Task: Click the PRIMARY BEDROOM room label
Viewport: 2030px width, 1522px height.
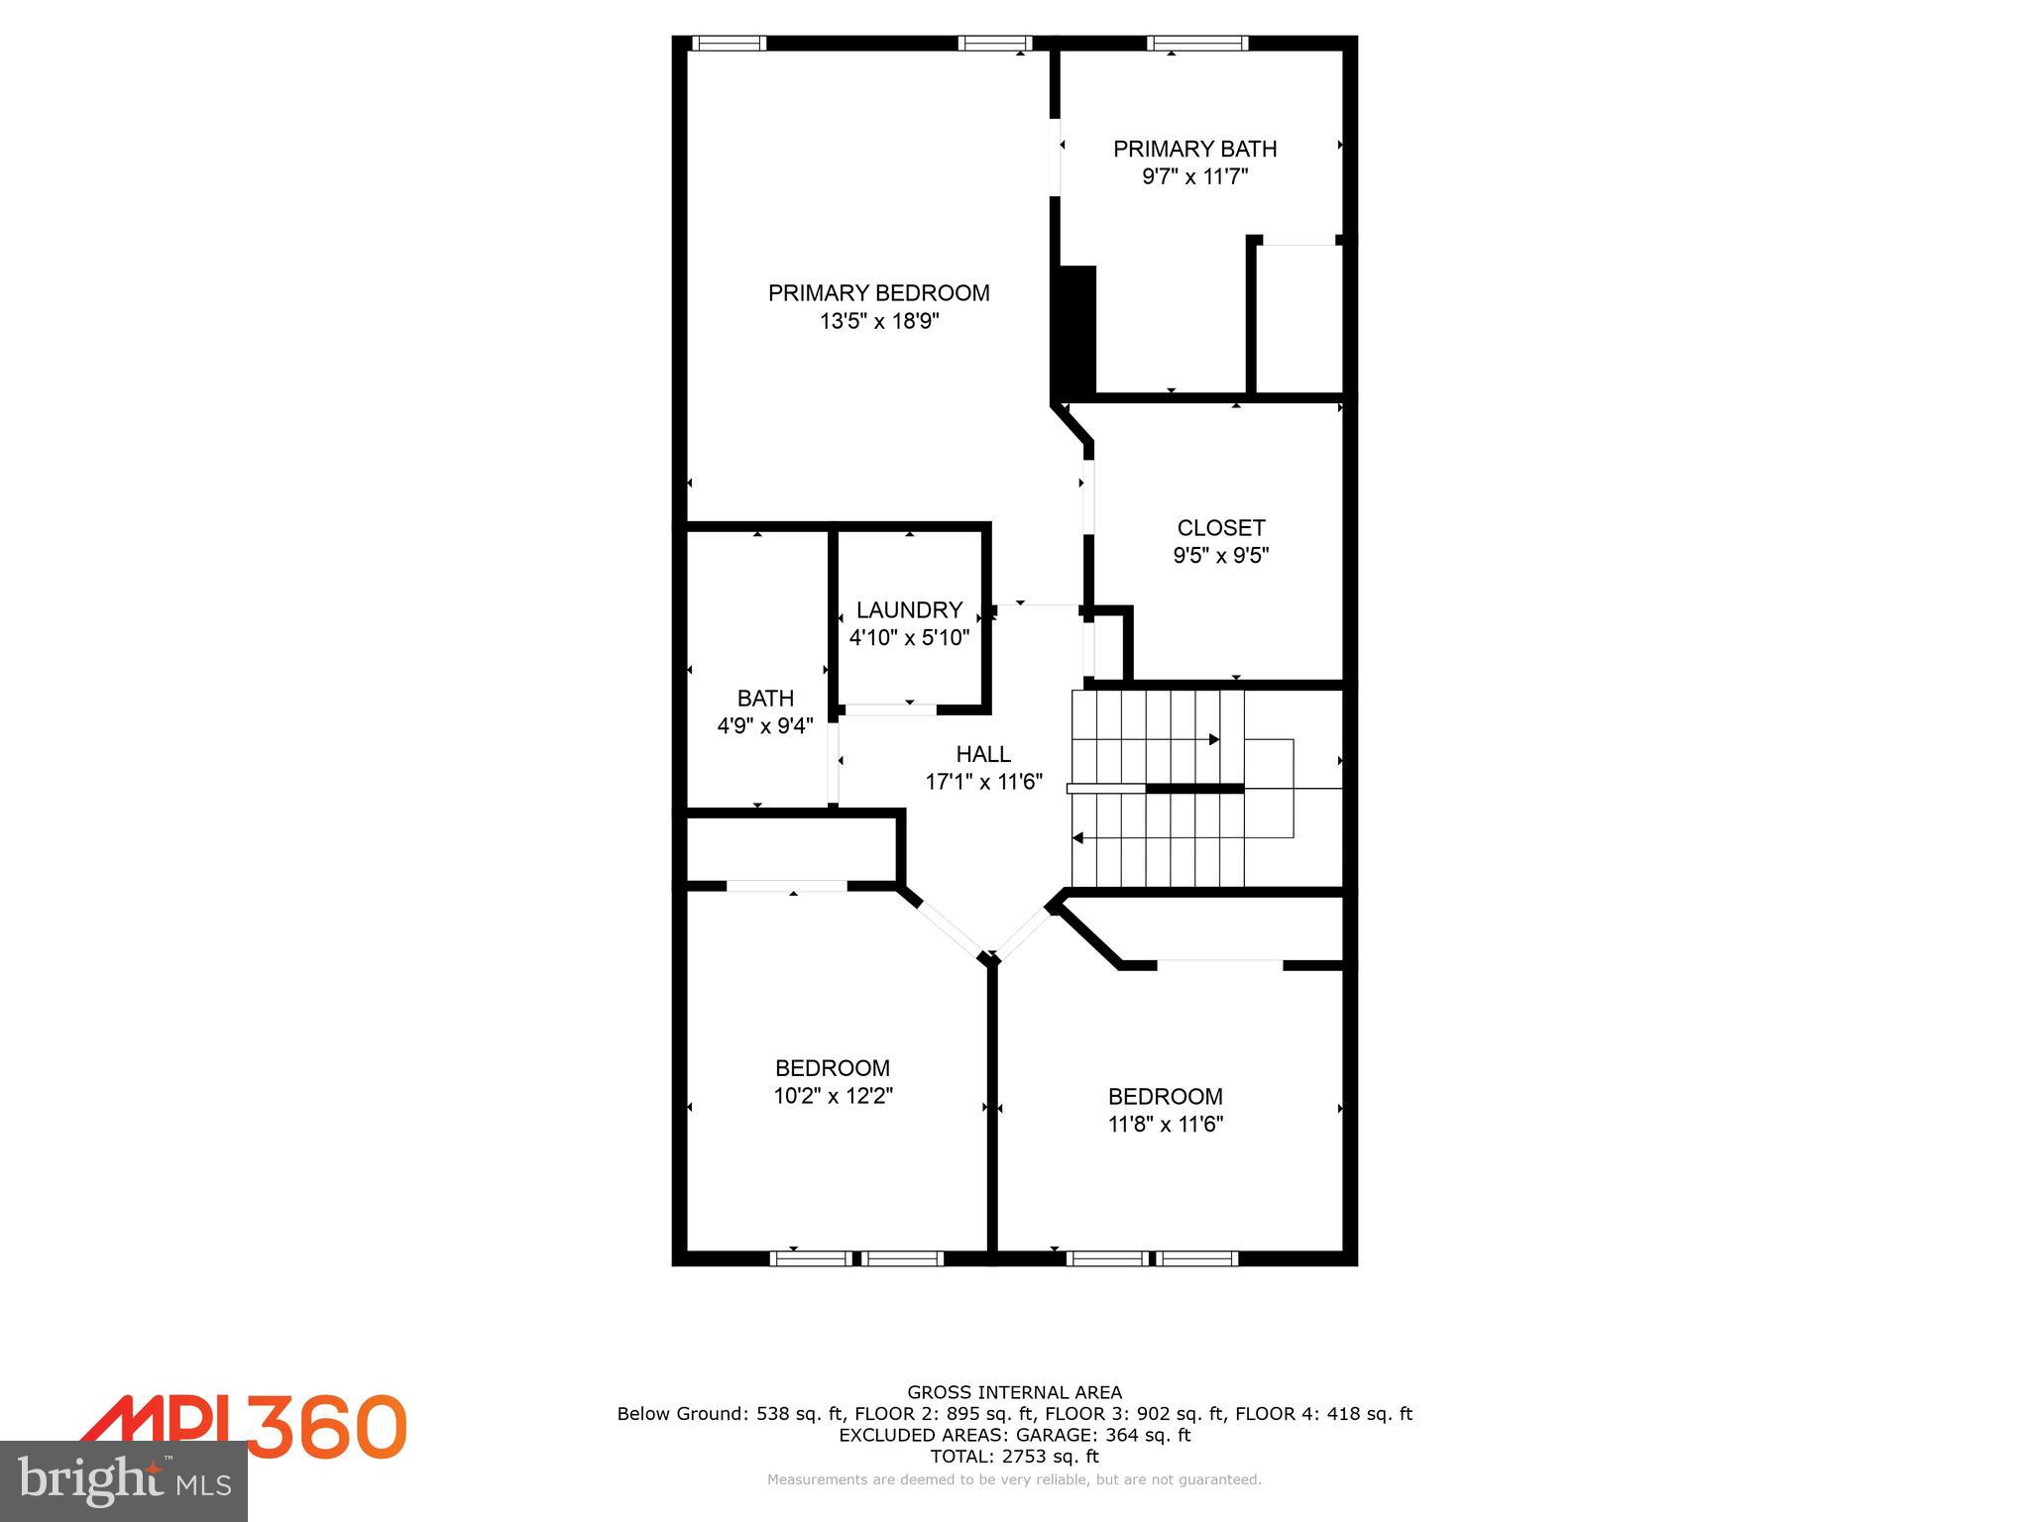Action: pos(878,293)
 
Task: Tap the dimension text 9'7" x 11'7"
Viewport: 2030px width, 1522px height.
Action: pos(1194,177)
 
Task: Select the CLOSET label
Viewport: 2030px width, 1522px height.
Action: pos(1221,528)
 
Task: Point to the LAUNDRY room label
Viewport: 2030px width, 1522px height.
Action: pos(909,610)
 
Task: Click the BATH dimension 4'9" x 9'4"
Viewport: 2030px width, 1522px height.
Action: pos(765,726)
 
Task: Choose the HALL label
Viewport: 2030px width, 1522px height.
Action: pos(983,754)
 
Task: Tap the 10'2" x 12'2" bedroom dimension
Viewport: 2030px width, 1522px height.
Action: pos(833,1096)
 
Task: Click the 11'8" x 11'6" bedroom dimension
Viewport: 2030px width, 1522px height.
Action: pos(1166,1125)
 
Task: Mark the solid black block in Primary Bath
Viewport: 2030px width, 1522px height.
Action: pos(1077,330)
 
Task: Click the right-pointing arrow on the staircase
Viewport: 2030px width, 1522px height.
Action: pos(1213,739)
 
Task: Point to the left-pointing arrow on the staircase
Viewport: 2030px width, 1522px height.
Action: pos(1078,838)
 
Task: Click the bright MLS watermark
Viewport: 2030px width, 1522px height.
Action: pos(124,1482)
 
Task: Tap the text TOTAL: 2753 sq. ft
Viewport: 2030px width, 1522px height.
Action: pos(1014,1457)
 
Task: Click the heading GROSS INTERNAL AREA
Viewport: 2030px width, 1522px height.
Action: pos(1014,1392)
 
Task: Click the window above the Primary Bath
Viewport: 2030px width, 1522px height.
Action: pos(1197,43)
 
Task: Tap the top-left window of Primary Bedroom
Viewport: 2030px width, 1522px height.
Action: pos(729,43)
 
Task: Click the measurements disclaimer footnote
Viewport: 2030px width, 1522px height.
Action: pos(1014,1479)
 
